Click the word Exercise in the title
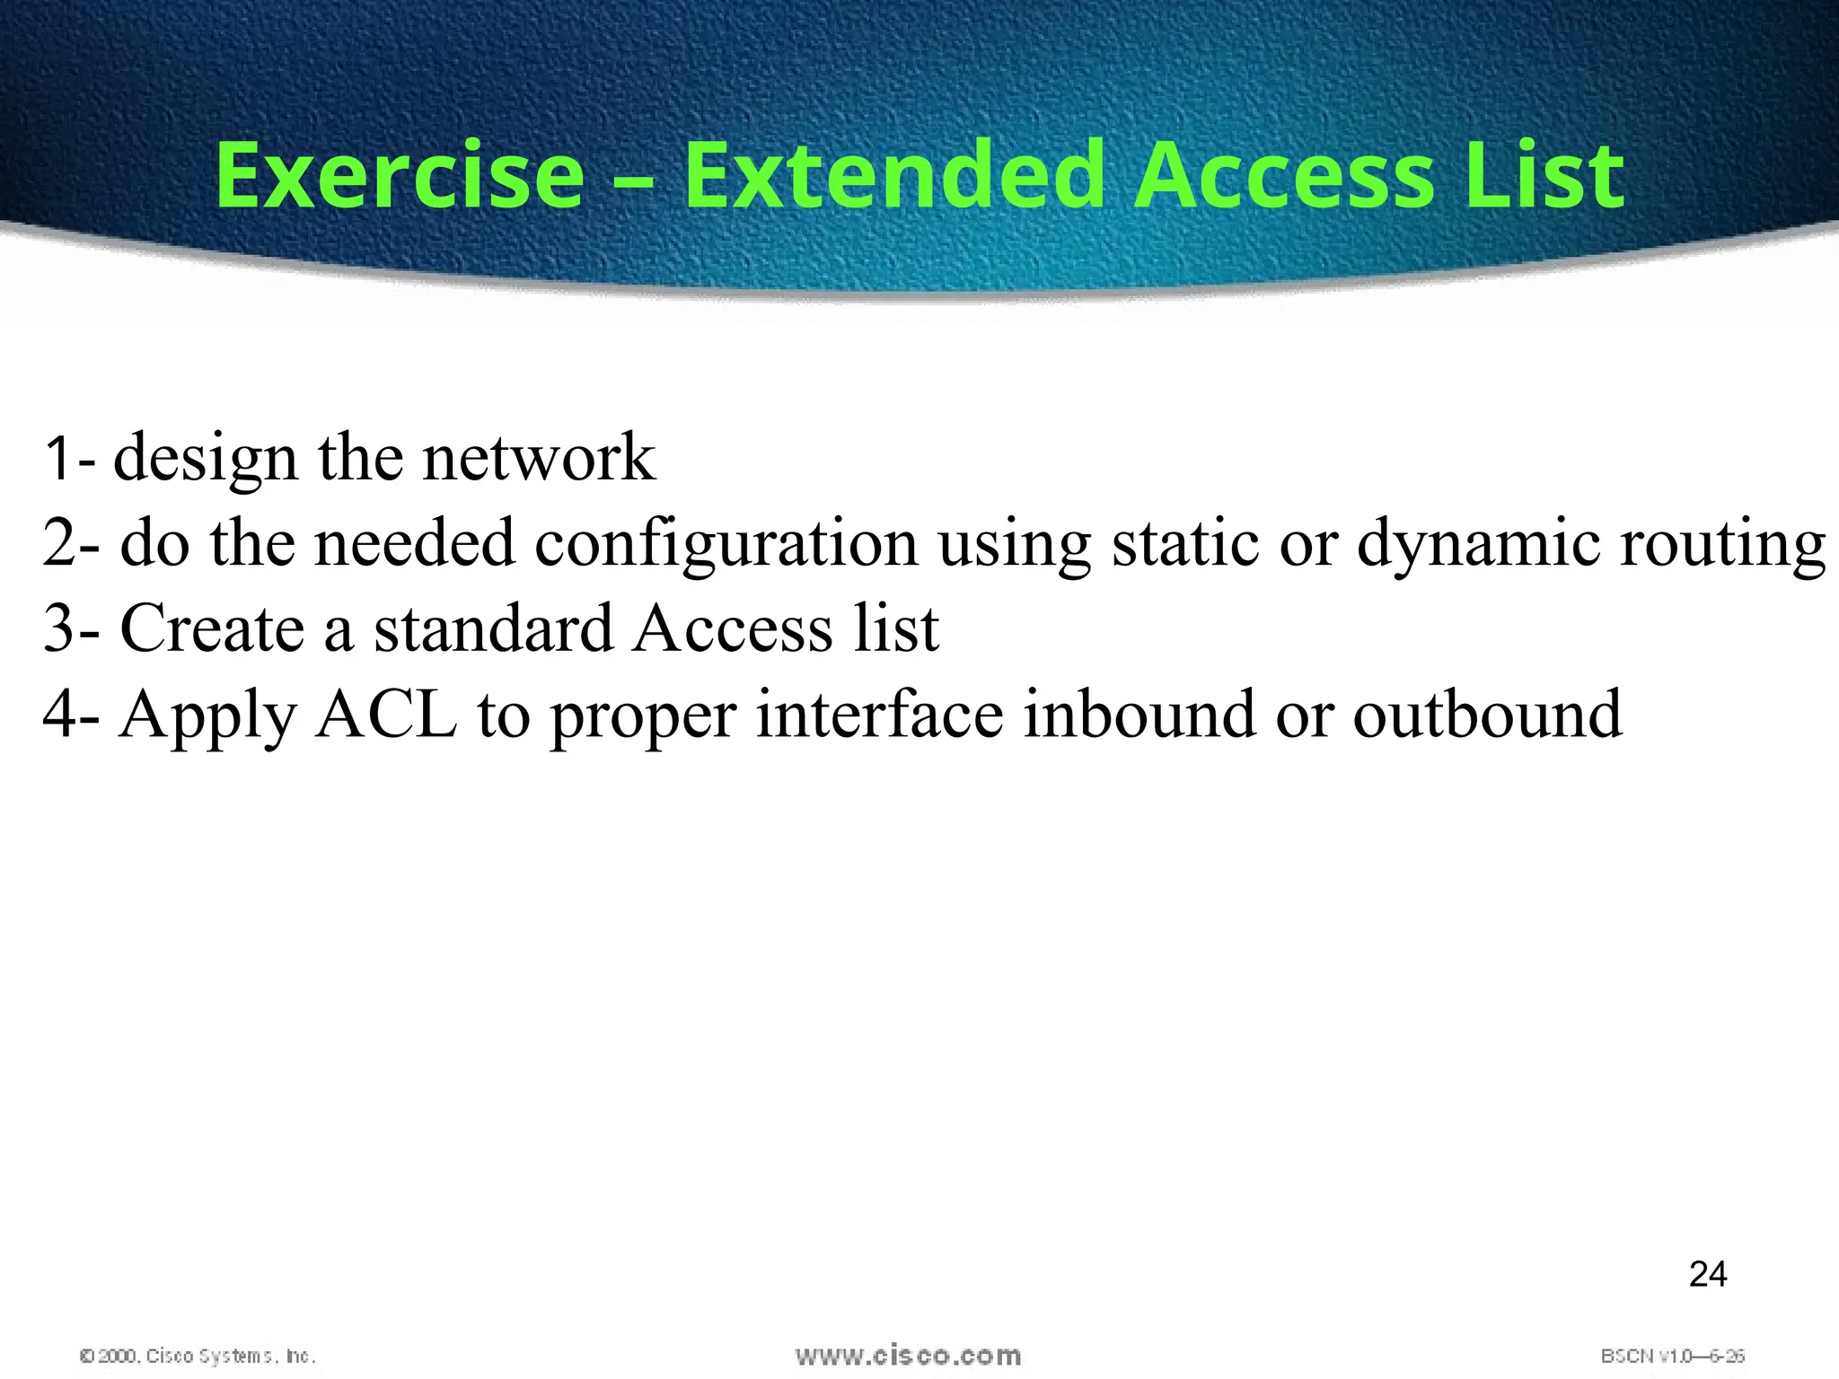400,175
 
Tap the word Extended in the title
893,175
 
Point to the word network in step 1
539,458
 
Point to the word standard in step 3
492,628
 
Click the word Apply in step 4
207,716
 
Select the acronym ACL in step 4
386,715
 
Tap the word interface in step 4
879,715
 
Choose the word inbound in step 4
1139,715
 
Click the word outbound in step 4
1487,715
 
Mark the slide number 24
1707,1275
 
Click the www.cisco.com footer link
908,1355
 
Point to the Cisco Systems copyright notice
198,1356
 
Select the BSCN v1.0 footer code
1672,1356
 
